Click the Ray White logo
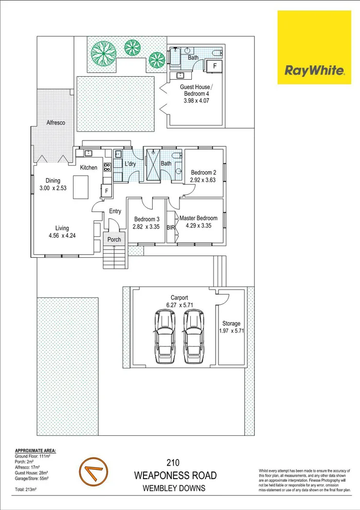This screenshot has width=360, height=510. click(314, 47)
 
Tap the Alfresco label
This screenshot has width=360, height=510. click(55, 123)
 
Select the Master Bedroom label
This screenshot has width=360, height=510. click(199, 218)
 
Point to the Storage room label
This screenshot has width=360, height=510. click(231, 324)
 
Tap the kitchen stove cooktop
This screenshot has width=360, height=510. click(107, 167)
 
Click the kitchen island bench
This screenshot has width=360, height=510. click(82, 187)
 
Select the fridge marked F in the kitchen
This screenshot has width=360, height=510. click(106, 191)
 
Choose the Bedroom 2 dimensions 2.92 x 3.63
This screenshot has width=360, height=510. click(203, 181)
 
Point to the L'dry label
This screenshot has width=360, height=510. click(130, 164)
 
